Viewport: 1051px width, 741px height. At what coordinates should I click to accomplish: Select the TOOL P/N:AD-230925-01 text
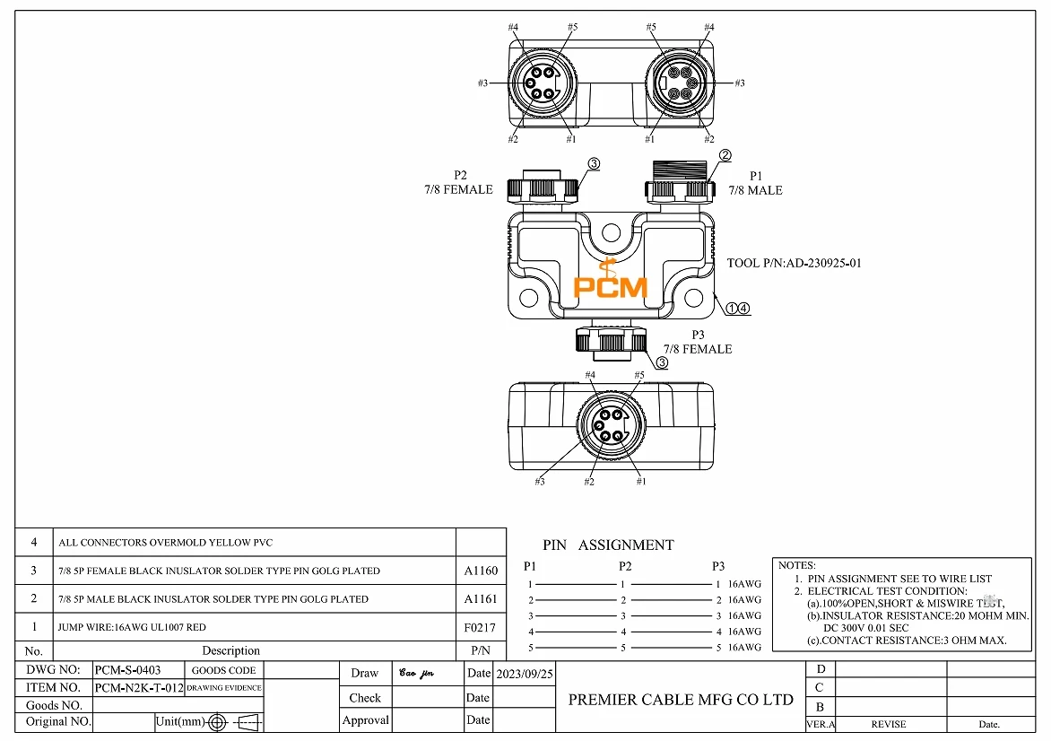click(x=794, y=264)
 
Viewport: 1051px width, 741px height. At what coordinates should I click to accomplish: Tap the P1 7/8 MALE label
click(x=754, y=184)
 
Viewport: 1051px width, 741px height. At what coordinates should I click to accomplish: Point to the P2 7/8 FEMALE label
click(x=460, y=183)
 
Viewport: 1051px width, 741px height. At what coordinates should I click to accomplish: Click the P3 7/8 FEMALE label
click(x=697, y=343)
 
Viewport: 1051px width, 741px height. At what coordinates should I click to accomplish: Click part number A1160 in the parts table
click(x=481, y=571)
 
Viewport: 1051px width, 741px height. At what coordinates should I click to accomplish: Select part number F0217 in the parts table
click(x=481, y=627)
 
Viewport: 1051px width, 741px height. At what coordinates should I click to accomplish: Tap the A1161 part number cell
click(x=481, y=598)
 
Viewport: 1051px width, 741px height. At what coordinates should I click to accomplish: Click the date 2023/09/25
click(x=525, y=674)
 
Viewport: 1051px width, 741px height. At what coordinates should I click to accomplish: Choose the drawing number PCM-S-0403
click(x=127, y=670)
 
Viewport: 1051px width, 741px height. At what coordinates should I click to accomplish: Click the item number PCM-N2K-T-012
click(x=138, y=688)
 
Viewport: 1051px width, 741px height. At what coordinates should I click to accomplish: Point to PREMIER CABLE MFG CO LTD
click(x=681, y=700)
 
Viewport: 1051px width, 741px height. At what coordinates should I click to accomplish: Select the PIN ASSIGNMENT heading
click(x=608, y=545)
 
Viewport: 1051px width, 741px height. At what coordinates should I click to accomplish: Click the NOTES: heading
click(x=796, y=565)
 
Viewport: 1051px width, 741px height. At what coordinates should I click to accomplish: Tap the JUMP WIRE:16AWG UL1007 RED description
click(x=132, y=627)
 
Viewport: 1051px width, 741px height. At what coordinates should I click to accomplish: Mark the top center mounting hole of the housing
click(x=611, y=233)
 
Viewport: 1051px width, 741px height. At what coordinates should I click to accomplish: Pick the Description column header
click(x=230, y=651)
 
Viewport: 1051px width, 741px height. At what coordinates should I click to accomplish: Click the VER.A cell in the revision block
click(x=820, y=724)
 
